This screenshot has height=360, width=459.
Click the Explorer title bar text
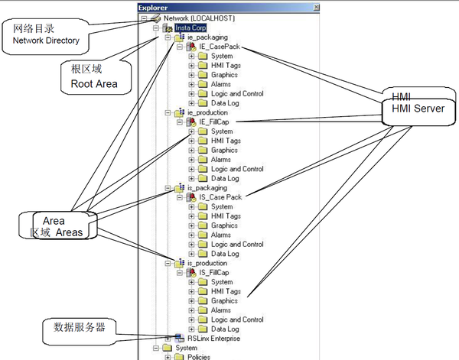click(x=153, y=7)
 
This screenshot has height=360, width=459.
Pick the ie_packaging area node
click(x=207, y=37)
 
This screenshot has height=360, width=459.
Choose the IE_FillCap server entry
click(x=214, y=122)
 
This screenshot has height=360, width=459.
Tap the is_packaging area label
click(x=207, y=187)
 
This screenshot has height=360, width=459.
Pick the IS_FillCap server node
click(x=214, y=272)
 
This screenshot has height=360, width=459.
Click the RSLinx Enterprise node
click(x=213, y=337)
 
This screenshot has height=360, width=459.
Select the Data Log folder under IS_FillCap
click(x=225, y=329)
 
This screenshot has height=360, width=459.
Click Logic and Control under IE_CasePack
click(x=237, y=94)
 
